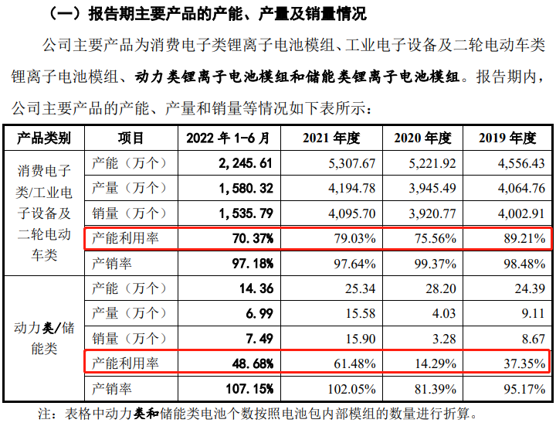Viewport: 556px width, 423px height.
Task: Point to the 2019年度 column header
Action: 507,139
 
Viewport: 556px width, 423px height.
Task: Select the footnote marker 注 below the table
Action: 48,413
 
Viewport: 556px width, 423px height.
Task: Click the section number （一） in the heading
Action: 66,14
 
